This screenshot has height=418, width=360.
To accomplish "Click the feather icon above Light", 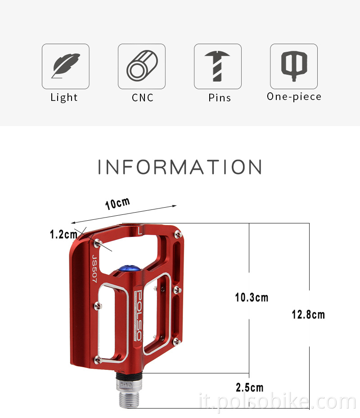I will [x=66, y=66].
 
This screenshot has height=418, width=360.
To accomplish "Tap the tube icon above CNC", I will [x=142, y=66].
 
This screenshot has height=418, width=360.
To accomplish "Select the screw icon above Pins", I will [x=218, y=66].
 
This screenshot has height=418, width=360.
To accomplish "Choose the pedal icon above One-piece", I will [x=294, y=66].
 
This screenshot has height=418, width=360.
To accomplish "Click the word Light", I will [x=64, y=97].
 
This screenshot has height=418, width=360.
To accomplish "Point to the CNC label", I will [x=143, y=98].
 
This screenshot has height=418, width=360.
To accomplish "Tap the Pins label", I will [x=220, y=98].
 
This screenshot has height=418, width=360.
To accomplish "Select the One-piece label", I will [x=294, y=96].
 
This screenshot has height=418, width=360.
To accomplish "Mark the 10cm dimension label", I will [x=117, y=204].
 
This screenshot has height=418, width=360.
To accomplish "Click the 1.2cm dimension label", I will [x=63, y=234].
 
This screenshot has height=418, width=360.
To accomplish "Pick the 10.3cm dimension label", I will [x=252, y=297].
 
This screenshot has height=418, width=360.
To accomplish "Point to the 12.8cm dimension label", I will [x=308, y=314].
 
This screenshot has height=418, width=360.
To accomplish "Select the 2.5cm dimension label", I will [x=249, y=387].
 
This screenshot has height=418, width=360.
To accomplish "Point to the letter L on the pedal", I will [x=140, y=232].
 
